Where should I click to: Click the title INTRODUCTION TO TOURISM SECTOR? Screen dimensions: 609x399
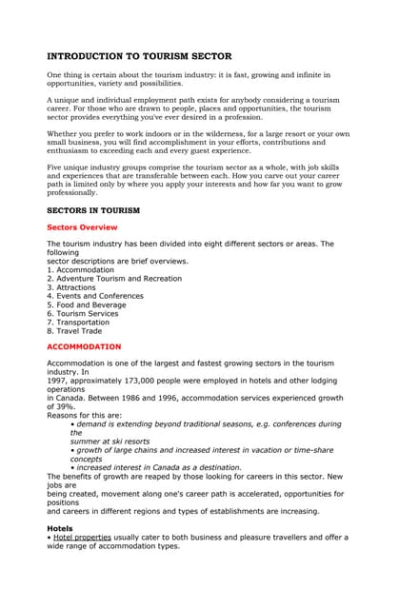click(139, 56)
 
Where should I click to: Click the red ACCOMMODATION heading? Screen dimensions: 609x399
click(84, 346)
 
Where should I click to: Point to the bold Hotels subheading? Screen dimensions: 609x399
click(59, 527)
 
